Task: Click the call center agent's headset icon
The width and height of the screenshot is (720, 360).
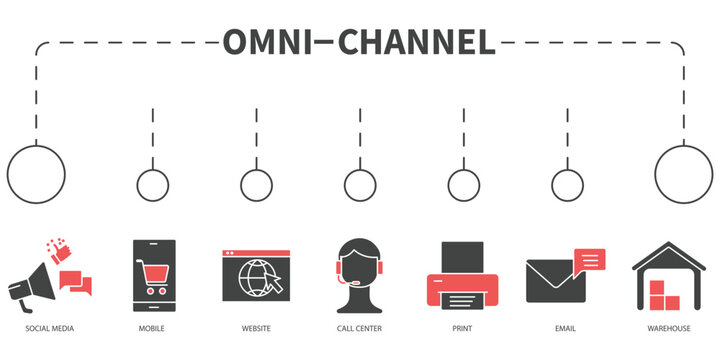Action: pyautogui.click(x=359, y=273)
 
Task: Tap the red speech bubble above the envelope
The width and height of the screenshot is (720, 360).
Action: pyautogui.click(x=590, y=259)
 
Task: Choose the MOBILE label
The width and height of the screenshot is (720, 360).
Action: pyautogui.click(x=152, y=328)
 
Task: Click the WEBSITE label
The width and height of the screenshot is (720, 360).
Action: pyautogui.click(x=256, y=328)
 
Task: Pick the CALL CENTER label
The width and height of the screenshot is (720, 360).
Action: pyautogui.click(x=359, y=328)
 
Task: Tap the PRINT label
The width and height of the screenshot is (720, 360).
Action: pyautogui.click(x=463, y=328)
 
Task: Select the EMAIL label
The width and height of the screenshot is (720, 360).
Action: pyautogui.click(x=566, y=328)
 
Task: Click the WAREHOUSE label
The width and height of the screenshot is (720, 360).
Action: pyautogui.click(x=669, y=328)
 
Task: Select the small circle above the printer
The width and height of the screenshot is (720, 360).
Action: pyautogui.click(x=463, y=185)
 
